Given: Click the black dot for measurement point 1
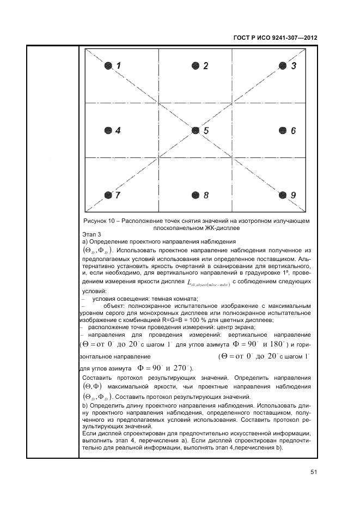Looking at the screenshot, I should coord(108,66).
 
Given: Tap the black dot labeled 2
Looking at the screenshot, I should coord(195,66).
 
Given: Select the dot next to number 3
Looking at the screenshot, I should coord(282,66).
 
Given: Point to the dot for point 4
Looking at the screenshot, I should coord(108,131).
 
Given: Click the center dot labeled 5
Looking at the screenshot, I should coord(195,131).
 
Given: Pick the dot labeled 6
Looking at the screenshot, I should coord(282,131).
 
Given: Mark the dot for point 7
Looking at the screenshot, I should coord(108,195).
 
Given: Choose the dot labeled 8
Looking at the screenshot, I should coord(195,195).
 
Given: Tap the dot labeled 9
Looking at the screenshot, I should coord(282,195).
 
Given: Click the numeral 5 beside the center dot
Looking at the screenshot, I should coord(206,131).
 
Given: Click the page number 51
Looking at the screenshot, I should coord(314,472).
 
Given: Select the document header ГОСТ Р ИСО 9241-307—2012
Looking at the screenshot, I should coord(275,38).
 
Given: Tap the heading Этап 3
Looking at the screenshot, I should coord(91,234).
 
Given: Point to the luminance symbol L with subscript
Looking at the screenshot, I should coord(208,283).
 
